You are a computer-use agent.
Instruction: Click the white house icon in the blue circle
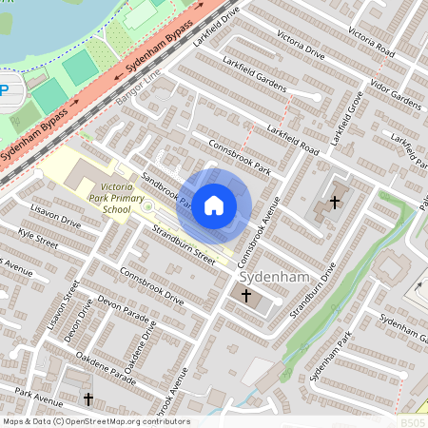214,204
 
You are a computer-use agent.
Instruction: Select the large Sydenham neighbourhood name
274,276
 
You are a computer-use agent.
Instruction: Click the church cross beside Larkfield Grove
334,202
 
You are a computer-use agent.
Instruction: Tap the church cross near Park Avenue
88,399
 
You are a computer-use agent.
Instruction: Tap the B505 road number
413,421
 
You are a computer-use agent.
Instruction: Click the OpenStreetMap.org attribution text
95,421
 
